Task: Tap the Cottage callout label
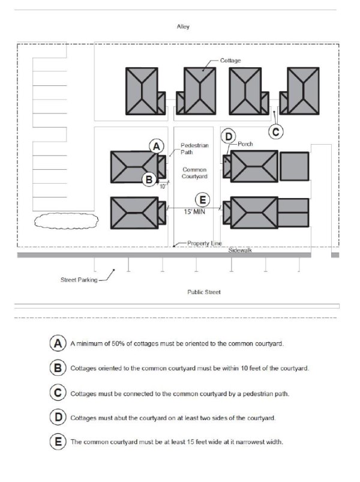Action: click(230, 61)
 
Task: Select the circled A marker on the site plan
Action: click(156, 146)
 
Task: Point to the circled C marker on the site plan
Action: click(275, 129)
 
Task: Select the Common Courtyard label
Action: click(194, 173)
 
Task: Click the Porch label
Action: click(245, 145)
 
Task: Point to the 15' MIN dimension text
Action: click(196, 211)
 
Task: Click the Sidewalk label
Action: click(240, 250)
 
